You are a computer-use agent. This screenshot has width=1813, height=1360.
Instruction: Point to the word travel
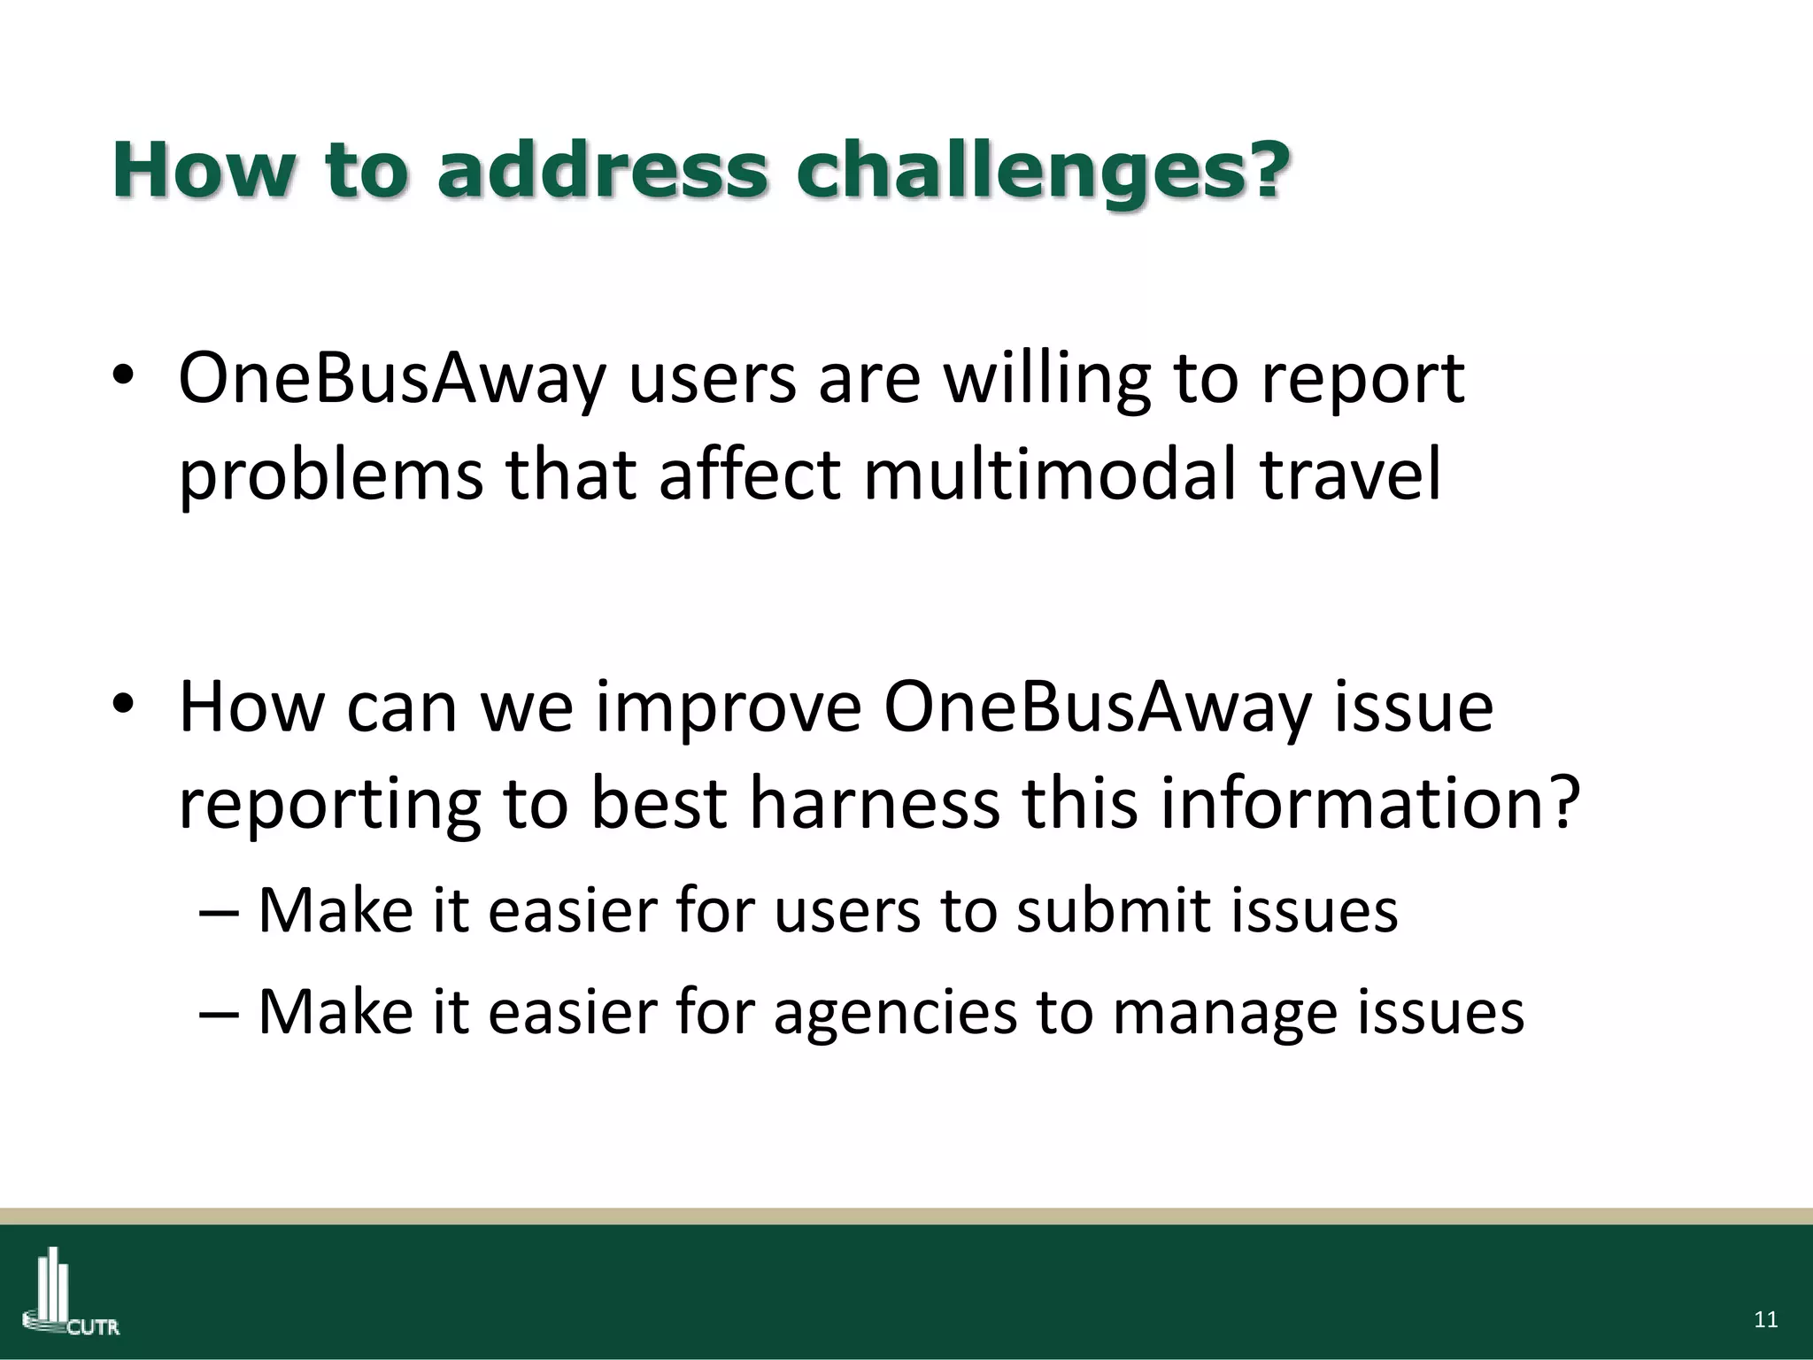1352,475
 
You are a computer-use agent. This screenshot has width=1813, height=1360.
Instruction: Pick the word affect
749,475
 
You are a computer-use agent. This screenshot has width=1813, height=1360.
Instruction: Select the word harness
875,803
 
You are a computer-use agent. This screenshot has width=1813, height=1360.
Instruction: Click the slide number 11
1765,1320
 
